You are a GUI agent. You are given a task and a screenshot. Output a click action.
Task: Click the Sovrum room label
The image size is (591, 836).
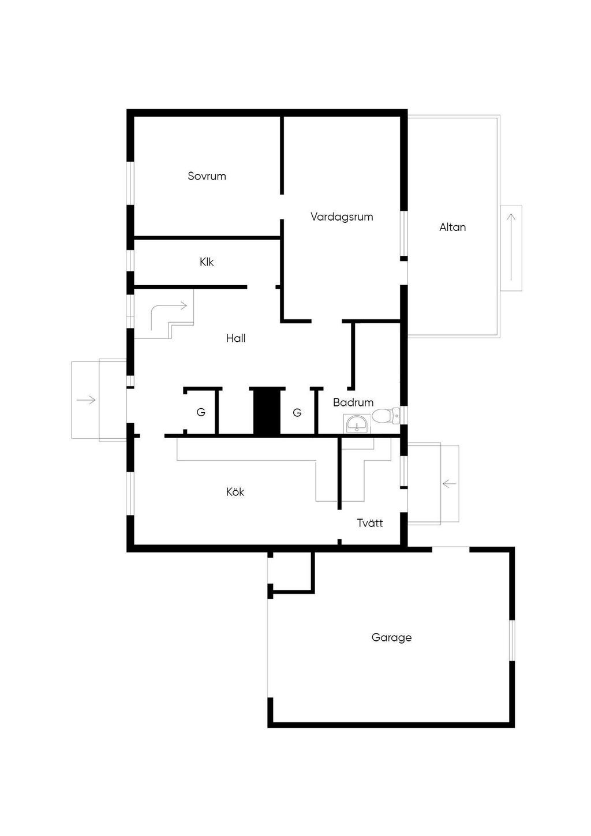pyautogui.click(x=207, y=176)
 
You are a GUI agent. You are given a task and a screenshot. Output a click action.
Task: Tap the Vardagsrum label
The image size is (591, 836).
pyautogui.click(x=342, y=217)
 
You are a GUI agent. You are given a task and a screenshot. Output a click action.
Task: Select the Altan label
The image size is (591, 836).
pyautogui.click(x=452, y=227)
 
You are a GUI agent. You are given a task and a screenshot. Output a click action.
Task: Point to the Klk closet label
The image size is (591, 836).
pyautogui.click(x=207, y=262)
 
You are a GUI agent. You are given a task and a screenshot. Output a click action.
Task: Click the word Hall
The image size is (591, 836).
pyautogui.click(x=236, y=338)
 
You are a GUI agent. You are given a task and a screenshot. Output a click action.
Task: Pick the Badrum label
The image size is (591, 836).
pyautogui.click(x=353, y=402)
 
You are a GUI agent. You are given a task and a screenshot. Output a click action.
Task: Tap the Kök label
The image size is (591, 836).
pyautogui.click(x=235, y=491)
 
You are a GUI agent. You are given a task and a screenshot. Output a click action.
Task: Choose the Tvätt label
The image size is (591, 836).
pyautogui.click(x=370, y=523)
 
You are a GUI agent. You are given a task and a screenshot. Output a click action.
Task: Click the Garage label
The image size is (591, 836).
pyautogui.click(x=391, y=637)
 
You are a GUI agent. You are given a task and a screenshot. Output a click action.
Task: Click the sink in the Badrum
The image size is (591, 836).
pyautogui.click(x=357, y=424)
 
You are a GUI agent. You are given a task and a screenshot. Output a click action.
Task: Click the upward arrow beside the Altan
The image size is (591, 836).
pyautogui.click(x=511, y=247)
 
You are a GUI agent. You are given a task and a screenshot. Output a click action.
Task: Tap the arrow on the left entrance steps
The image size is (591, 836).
pyautogui.click(x=86, y=400)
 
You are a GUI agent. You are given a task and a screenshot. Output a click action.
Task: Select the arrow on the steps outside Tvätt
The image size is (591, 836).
pyautogui.click(x=449, y=484)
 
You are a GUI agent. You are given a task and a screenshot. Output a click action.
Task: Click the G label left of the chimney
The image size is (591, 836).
pyautogui.click(x=201, y=412)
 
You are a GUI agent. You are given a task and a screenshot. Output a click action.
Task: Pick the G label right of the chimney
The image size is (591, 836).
pyautogui.click(x=297, y=412)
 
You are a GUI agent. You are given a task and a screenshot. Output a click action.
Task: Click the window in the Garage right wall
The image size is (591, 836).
pyautogui.click(x=513, y=640)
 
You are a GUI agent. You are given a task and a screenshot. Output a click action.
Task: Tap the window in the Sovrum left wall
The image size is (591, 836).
pyautogui.click(x=130, y=183)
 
